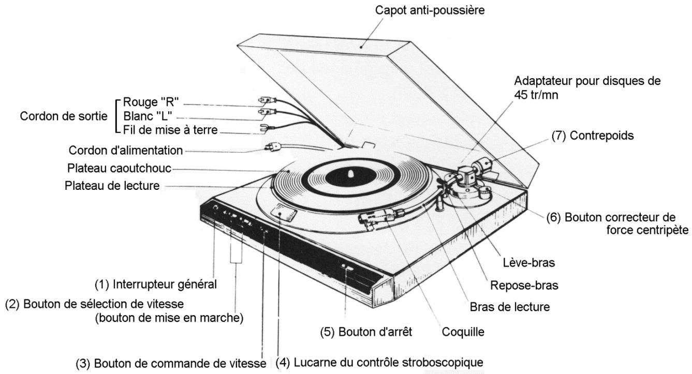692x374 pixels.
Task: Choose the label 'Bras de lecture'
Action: [x=508, y=307]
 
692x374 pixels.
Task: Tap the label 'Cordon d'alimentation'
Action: [x=126, y=151]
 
